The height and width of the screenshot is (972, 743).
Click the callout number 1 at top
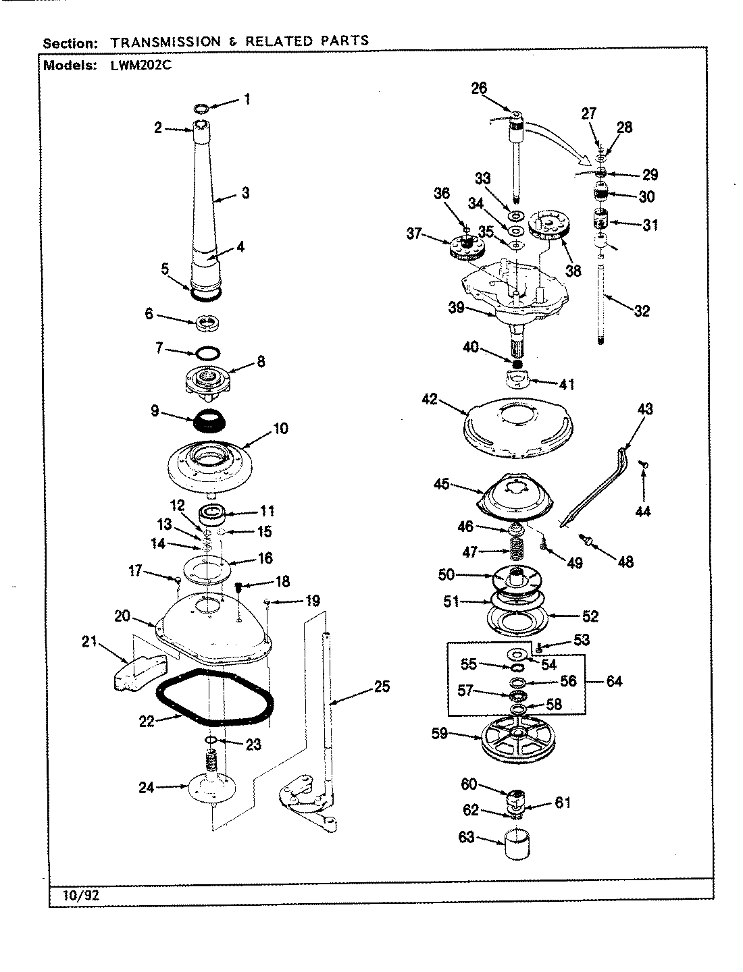point(247,99)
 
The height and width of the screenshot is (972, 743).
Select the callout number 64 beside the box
point(613,681)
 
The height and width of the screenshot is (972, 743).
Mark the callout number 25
point(382,688)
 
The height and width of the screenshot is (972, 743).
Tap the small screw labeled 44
point(644,464)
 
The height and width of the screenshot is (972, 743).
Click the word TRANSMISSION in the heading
point(165,41)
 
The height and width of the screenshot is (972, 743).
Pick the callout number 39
point(456,307)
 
